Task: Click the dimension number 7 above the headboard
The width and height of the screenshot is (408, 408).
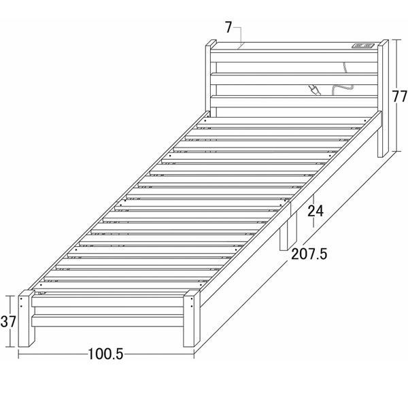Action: [x=228, y=27]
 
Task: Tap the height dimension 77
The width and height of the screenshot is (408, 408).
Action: [x=399, y=96]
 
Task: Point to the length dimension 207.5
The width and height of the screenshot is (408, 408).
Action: [x=309, y=254]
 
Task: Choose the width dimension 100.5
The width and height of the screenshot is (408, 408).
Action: [x=105, y=354]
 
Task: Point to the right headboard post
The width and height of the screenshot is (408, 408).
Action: [x=382, y=95]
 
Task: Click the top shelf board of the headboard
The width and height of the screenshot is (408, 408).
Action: [x=292, y=48]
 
